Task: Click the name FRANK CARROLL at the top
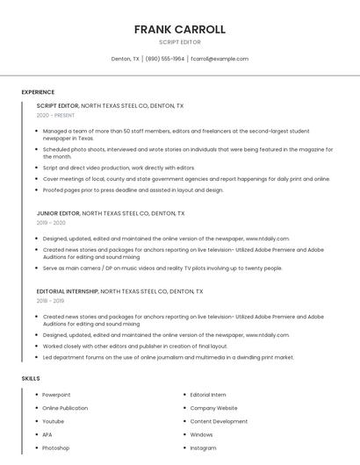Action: (179, 29)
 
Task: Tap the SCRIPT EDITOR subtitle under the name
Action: (179, 42)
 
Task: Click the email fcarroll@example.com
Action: (220, 59)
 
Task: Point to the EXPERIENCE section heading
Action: (38, 92)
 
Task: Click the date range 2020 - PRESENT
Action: (55, 115)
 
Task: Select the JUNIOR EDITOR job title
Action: (58, 213)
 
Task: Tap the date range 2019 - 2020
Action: (51, 223)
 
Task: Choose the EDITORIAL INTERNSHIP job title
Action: (68, 291)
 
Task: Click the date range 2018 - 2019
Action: (51, 301)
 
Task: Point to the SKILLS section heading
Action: (31, 378)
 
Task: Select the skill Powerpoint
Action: (56, 395)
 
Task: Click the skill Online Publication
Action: (65, 408)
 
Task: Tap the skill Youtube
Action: (54, 421)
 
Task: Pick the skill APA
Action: (47, 434)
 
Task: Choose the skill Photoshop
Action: (55, 447)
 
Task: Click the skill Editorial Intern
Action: (208, 395)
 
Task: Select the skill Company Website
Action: (213, 408)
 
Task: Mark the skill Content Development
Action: (219, 421)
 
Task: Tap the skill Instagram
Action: (203, 447)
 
